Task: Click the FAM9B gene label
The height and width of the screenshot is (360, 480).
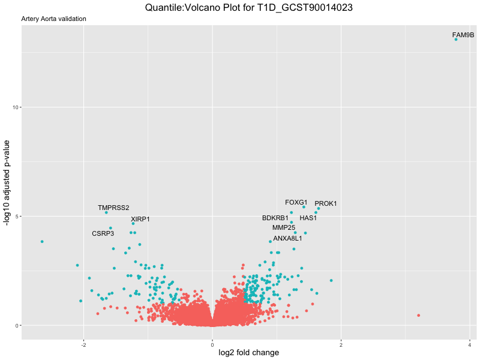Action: (x=463, y=35)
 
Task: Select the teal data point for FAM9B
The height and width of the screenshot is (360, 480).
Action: (x=456, y=40)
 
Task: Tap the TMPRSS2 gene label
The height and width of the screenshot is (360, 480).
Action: (x=113, y=208)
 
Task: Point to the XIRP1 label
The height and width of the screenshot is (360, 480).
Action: (x=140, y=220)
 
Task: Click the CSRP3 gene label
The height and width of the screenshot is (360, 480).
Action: (x=103, y=234)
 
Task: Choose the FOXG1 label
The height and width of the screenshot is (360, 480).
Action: (x=296, y=203)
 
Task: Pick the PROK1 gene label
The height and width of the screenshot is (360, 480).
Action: (x=326, y=204)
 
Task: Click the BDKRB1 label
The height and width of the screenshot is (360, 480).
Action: (x=275, y=218)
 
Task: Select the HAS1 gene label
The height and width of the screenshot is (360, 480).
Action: (x=308, y=218)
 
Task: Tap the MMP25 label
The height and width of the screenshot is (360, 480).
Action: (x=284, y=228)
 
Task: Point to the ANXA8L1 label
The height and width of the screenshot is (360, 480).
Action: (x=287, y=239)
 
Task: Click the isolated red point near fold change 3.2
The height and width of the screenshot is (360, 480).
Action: (x=418, y=316)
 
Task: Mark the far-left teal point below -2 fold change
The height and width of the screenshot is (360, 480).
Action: (x=42, y=242)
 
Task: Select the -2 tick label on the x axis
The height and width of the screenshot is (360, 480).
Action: (x=83, y=344)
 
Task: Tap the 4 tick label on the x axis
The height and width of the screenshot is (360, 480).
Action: (x=470, y=344)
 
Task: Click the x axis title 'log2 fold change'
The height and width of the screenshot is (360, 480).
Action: (x=246, y=353)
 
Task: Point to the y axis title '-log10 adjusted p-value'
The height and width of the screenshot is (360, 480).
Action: (x=7, y=182)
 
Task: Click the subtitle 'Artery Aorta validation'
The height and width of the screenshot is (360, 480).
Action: (x=53, y=19)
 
